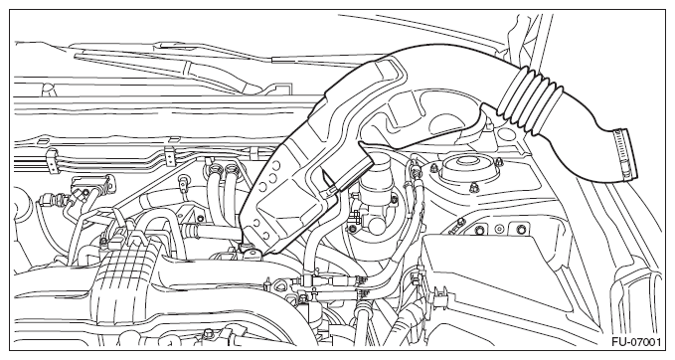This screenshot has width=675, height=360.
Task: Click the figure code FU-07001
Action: click(636, 342)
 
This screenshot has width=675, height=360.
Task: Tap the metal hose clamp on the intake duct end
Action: click(625, 154)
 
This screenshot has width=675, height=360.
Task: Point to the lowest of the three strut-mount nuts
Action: click(474, 187)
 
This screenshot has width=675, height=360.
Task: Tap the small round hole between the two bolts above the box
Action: click(499, 228)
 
